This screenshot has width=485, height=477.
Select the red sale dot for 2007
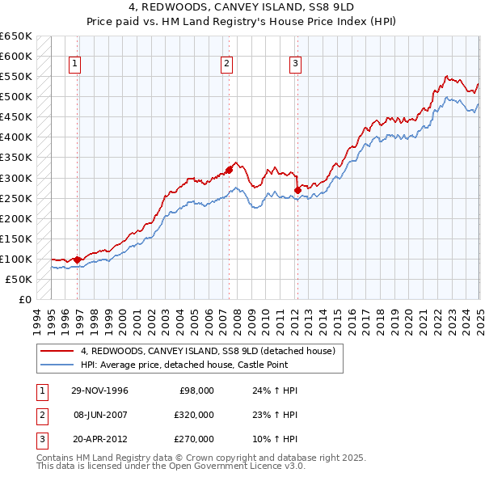coord(229,170)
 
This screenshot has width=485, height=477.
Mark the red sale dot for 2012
coord(297,190)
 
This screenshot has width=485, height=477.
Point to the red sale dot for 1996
coord(78,260)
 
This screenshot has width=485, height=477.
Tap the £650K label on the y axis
coord(16,36)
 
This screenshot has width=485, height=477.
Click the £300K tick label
coord(16,178)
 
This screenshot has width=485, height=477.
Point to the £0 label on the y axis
coord(24,299)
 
